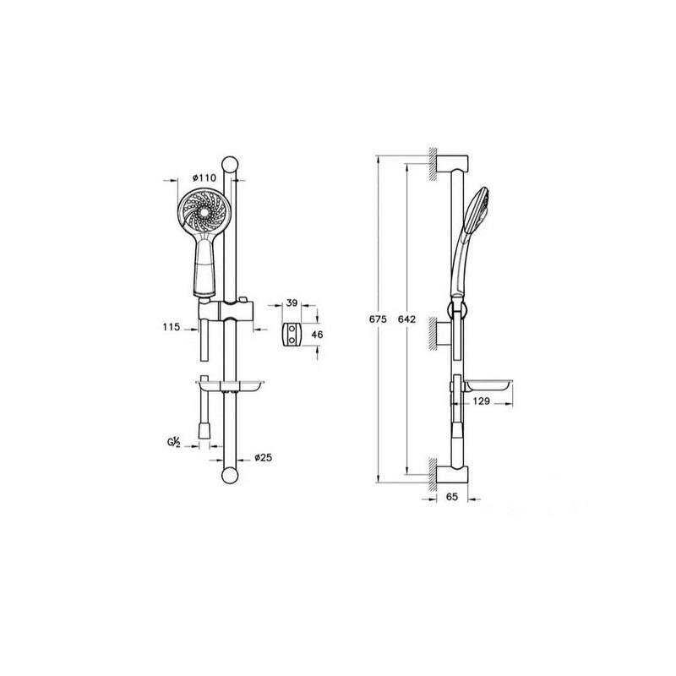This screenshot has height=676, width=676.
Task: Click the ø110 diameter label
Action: point(204,177)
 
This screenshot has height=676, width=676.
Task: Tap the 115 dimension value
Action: point(172,327)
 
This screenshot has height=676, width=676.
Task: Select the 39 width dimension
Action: point(292,303)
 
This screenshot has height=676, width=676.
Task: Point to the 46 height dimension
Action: point(317,335)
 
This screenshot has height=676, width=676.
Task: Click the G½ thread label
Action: point(174,442)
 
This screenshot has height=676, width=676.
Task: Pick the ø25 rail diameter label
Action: point(264,457)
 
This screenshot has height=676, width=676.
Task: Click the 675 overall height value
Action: point(378,319)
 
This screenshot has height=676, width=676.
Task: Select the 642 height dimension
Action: point(406,319)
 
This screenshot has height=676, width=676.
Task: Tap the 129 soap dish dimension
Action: point(481,401)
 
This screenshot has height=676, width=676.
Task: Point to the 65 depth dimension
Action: point(452,497)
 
